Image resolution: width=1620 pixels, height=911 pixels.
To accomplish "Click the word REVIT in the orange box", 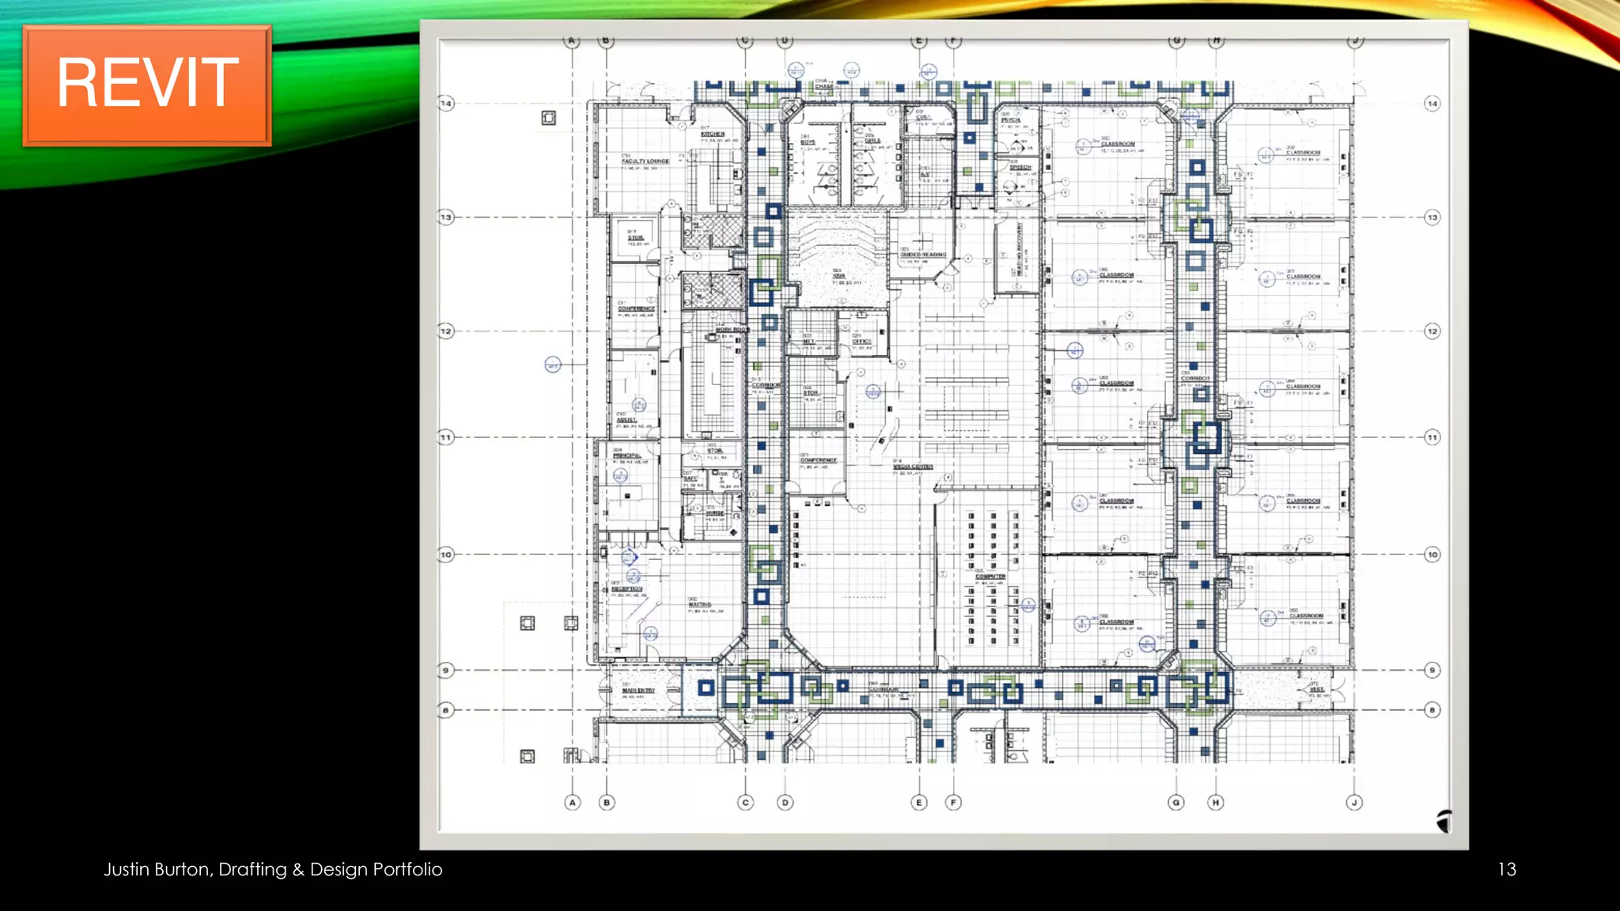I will (147, 83).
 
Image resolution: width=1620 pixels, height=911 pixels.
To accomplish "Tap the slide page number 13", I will (1506, 869).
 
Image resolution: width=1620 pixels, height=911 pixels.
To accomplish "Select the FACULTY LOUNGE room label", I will (645, 161).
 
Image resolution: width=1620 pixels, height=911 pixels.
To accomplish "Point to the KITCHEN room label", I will (713, 134).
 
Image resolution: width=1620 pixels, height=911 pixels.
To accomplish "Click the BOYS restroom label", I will (808, 142).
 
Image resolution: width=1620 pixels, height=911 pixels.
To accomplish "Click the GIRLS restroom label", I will (872, 141).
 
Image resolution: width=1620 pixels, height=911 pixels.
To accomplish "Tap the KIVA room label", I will (838, 276).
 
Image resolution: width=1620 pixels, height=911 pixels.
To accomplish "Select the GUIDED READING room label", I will (922, 255).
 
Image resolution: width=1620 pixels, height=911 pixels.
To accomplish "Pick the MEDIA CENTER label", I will (913, 467).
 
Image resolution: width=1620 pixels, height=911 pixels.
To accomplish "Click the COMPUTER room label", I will (990, 576).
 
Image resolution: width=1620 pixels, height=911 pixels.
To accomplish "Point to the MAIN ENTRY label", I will (638, 690).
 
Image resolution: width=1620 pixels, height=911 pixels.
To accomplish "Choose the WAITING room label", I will (699, 604).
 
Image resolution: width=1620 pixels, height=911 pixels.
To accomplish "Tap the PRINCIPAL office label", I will (626, 455).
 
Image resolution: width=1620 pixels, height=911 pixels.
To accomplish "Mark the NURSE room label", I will (715, 513).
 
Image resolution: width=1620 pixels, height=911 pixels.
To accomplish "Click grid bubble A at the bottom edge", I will (573, 803).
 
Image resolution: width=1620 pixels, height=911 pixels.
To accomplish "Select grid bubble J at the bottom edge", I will (1354, 803).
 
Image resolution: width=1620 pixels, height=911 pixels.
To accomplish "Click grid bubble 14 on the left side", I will (446, 104).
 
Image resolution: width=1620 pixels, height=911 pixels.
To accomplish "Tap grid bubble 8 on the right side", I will (1432, 710).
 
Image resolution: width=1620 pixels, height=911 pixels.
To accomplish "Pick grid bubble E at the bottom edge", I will (918, 803).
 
